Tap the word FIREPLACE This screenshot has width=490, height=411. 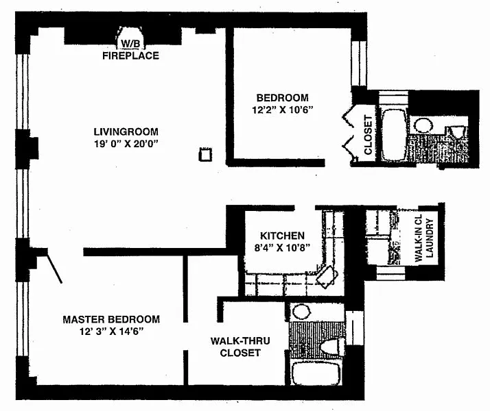coord(130,55)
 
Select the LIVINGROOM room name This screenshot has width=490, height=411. coord(126,132)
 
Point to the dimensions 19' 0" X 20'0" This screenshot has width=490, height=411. coord(126,144)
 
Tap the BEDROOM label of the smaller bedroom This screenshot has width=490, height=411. coord(282,97)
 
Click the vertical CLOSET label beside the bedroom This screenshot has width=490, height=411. coord(368,134)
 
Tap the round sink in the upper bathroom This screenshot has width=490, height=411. coord(424,125)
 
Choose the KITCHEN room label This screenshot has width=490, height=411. coord(283,236)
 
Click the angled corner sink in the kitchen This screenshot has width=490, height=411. coord(327,275)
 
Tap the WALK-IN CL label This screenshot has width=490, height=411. coord(418,240)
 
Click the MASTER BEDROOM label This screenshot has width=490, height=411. coord(111,319)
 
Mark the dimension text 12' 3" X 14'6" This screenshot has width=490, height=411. coord(111,331)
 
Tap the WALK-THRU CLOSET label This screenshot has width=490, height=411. coord(235,346)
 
